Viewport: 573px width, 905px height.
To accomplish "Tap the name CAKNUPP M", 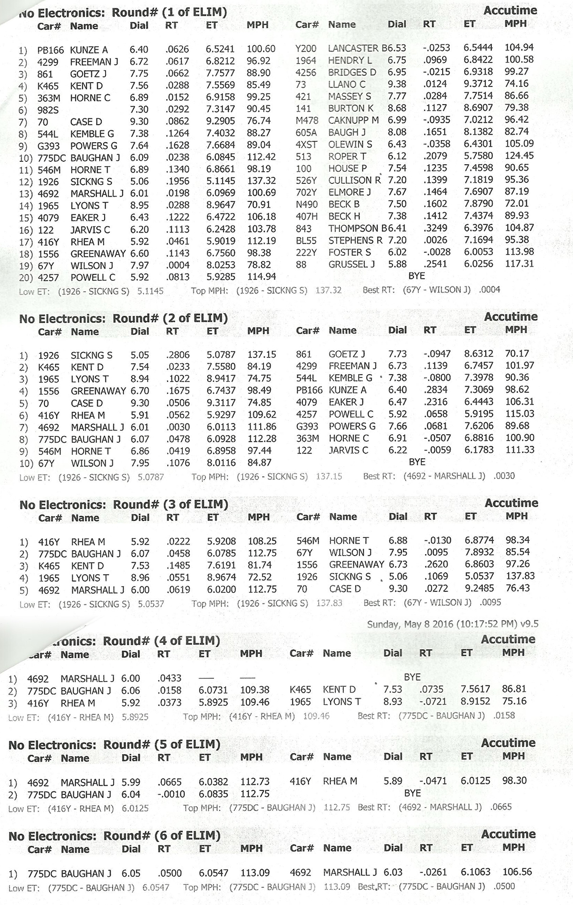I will point(353,120).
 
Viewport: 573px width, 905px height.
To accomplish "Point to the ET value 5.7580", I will point(478,156).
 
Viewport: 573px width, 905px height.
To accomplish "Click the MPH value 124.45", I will point(519,156).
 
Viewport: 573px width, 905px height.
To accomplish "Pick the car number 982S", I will point(48,110).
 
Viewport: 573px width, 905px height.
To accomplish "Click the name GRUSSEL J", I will point(351,264).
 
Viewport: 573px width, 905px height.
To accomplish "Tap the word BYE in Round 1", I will point(416,276).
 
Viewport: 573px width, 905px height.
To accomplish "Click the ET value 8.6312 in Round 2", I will point(479,354).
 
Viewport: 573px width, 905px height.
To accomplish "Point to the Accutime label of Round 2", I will point(510,317).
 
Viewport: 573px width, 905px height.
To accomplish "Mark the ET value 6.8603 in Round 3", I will point(479,565).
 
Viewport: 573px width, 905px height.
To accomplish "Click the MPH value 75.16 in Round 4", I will point(514,702).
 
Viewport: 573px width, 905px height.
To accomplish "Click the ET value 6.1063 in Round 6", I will point(476,872).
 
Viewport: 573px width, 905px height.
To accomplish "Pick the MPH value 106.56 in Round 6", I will point(517,872).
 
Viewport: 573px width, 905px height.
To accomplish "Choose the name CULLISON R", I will point(354,180).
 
